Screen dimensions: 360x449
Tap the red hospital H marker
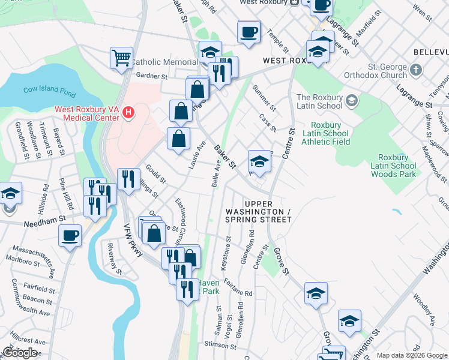[x=127, y=112]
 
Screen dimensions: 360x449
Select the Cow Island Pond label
[x=50, y=89]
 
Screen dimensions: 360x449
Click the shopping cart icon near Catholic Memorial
[x=121, y=58]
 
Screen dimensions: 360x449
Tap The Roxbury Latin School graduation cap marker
[x=351, y=98]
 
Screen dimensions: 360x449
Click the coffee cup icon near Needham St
[x=70, y=235]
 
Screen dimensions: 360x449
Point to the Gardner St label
[x=151, y=76]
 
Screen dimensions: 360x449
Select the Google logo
[x=20, y=353]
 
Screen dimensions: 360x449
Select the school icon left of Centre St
[x=259, y=161]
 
